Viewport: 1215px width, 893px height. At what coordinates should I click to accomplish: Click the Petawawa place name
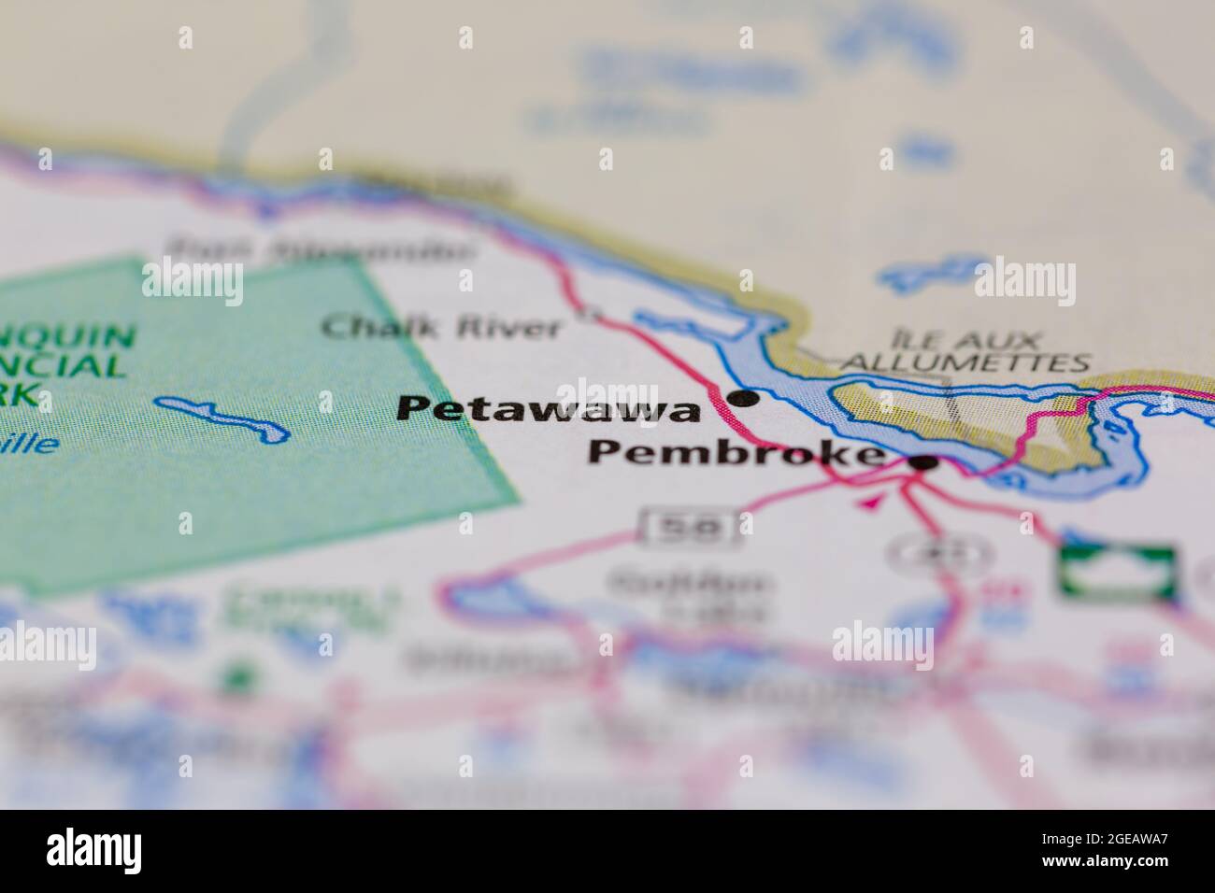pyautogui.click(x=549, y=409)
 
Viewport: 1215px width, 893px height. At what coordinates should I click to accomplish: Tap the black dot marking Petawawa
pyautogui.click(x=744, y=399)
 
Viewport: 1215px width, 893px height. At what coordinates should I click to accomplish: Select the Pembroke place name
pyautogui.click(x=735, y=455)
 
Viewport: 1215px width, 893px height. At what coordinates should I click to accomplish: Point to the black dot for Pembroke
pyautogui.click(x=924, y=461)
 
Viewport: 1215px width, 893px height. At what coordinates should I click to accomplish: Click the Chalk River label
pyautogui.click(x=442, y=328)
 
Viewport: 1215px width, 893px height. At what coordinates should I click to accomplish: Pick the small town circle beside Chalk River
pyautogui.click(x=588, y=315)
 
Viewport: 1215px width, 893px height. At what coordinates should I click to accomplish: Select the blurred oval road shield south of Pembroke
pyautogui.click(x=938, y=553)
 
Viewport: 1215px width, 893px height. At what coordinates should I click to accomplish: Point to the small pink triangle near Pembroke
pyautogui.click(x=871, y=503)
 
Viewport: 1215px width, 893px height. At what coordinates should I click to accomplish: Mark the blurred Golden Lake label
pyautogui.click(x=690, y=597)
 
